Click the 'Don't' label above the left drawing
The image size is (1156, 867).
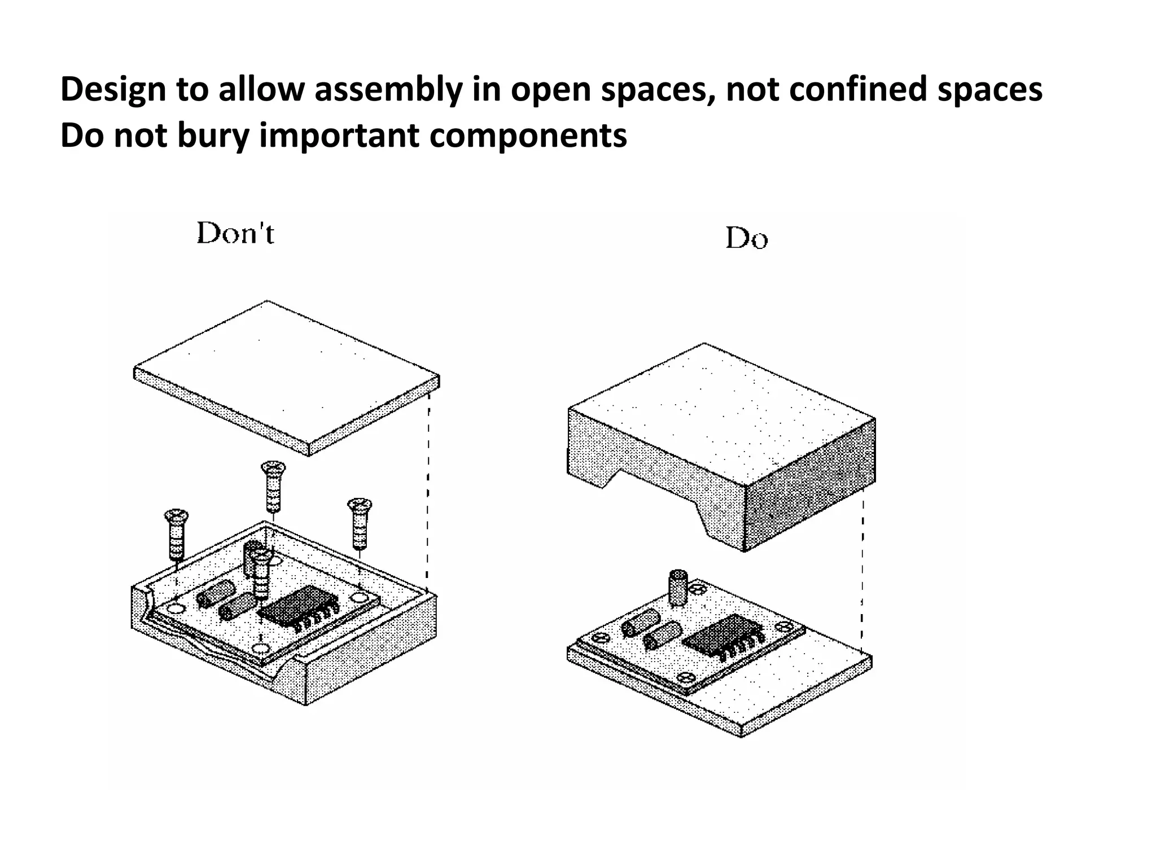[x=235, y=233]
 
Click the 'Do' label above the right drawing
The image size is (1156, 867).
[x=746, y=238]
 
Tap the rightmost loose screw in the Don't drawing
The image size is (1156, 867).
[x=359, y=522]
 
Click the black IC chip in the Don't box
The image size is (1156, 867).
[x=296, y=610]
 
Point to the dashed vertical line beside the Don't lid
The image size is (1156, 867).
[x=428, y=491]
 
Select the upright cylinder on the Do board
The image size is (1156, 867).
[x=677, y=588]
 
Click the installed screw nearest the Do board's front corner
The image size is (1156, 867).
[x=686, y=677]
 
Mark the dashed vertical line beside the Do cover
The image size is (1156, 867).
[x=862, y=570]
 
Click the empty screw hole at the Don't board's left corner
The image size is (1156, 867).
[x=176, y=609]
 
